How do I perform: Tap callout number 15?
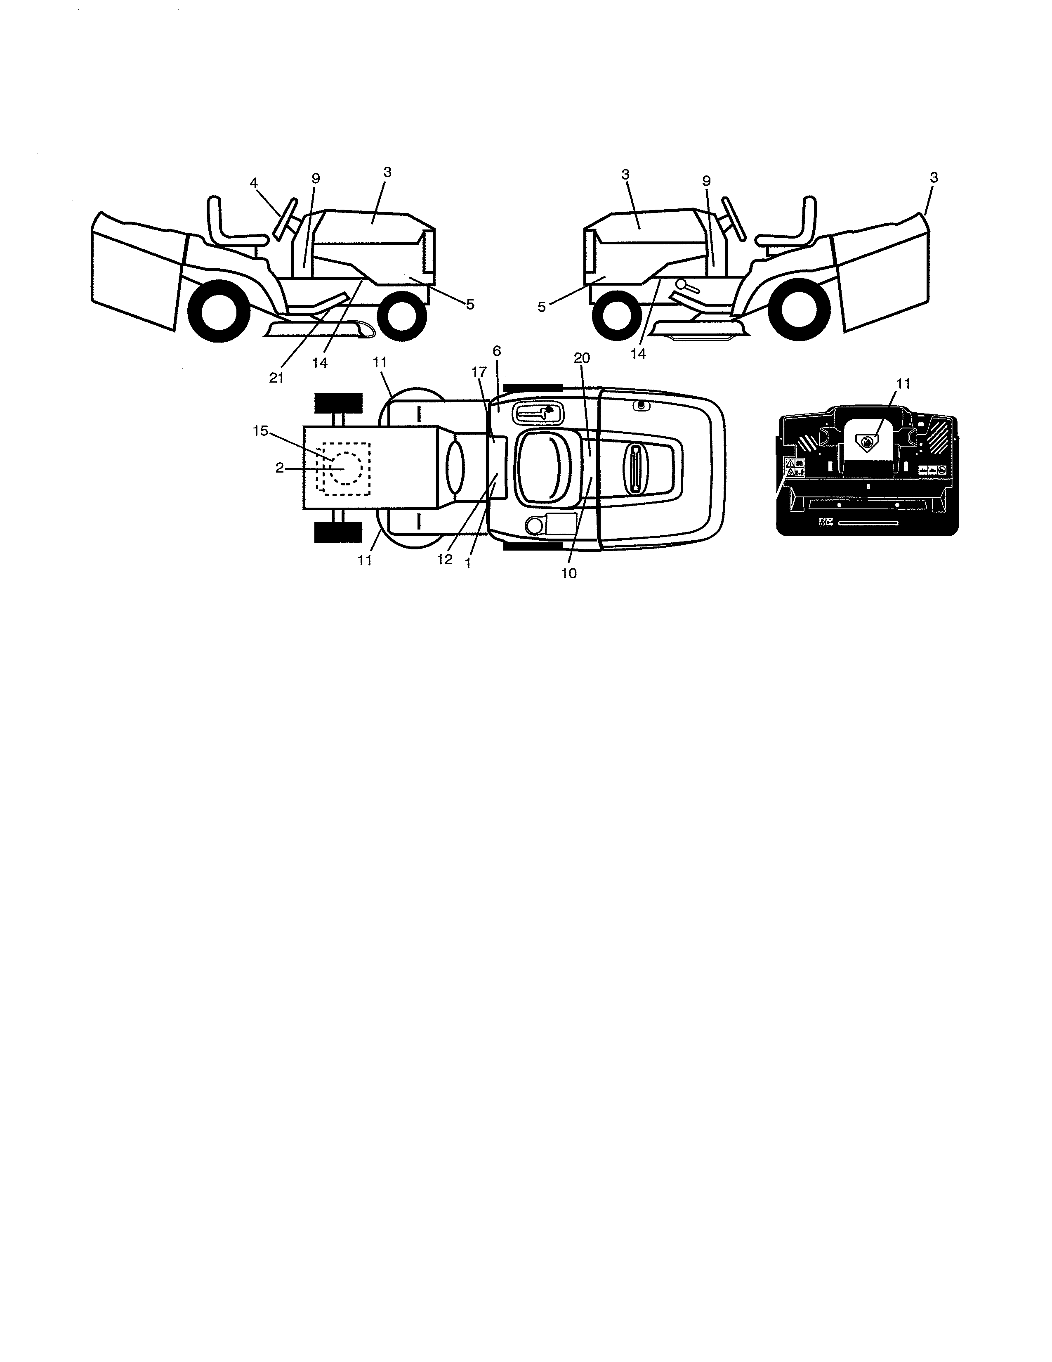[x=260, y=430]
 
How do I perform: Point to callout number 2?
[x=280, y=468]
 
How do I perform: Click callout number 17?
[x=479, y=371]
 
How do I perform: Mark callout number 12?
[x=444, y=559]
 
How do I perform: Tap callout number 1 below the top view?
[x=468, y=563]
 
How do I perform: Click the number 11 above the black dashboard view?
[x=903, y=383]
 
